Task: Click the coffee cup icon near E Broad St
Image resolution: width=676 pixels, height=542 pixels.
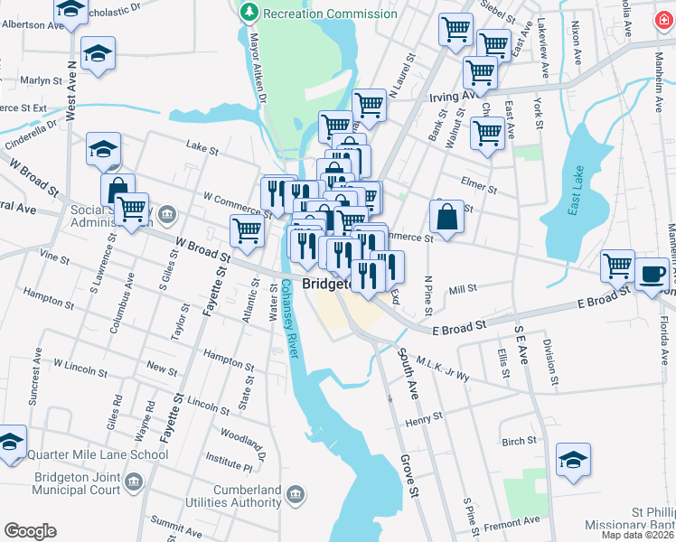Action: (651, 273)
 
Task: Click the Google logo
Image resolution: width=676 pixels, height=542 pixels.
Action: (30, 531)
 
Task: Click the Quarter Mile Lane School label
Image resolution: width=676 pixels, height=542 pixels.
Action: (97, 454)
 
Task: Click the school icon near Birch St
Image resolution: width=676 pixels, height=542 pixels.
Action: (573, 460)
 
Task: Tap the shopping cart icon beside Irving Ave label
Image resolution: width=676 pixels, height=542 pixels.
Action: (370, 105)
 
